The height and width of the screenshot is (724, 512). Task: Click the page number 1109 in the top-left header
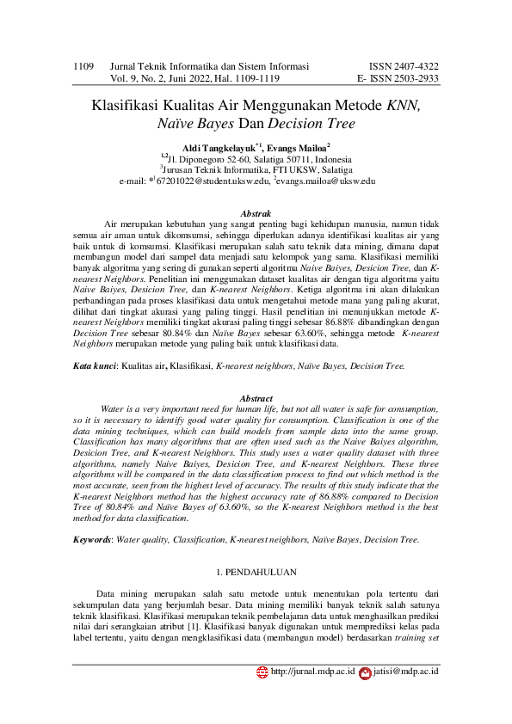83,65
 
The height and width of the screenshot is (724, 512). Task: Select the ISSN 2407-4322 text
404,65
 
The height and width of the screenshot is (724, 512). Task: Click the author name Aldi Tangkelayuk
218,148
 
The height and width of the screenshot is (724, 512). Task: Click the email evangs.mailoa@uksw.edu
326,181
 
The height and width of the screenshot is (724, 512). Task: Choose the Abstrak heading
256,213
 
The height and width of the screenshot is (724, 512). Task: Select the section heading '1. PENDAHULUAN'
256,572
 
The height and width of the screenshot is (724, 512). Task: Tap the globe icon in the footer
262,671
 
